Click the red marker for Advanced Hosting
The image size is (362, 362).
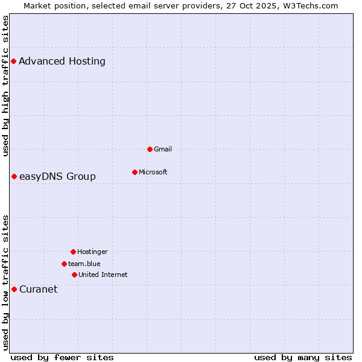click(x=13, y=61)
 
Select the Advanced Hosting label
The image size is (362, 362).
click(x=62, y=61)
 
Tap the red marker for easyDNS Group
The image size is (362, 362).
click(x=14, y=176)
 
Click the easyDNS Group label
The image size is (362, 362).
click(x=57, y=176)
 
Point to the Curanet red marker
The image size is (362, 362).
click(x=14, y=289)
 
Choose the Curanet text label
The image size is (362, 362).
click(x=38, y=289)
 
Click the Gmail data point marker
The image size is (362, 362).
click(x=150, y=149)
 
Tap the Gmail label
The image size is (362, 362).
click(x=163, y=149)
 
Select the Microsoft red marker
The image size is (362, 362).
click(x=135, y=172)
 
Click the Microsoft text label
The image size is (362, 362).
click(x=153, y=172)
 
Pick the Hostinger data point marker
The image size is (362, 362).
click(x=73, y=252)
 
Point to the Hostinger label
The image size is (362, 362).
click(x=92, y=252)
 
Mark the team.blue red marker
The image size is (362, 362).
click(x=64, y=264)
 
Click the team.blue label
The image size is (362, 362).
click(x=84, y=264)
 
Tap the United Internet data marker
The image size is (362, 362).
click(x=74, y=275)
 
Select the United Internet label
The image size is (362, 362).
click(x=103, y=275)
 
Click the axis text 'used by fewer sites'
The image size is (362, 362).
click(x=62, y=357)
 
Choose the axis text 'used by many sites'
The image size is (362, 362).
click(x=303, y=357)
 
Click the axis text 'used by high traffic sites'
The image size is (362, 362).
click(x=5, y=86)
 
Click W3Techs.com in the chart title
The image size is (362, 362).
click(x=308, y=5)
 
